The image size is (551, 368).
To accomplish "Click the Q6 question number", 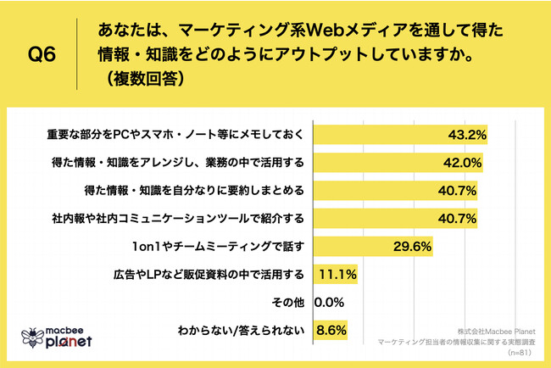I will point(42,55).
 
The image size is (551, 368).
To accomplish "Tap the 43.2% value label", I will point(465,136).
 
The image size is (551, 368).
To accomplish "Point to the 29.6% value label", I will point(413,247).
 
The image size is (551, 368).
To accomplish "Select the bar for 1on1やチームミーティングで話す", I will point(374,247).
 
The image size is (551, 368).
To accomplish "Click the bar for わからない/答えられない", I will point(329,329).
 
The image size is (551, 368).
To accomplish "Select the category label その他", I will point(288,301).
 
